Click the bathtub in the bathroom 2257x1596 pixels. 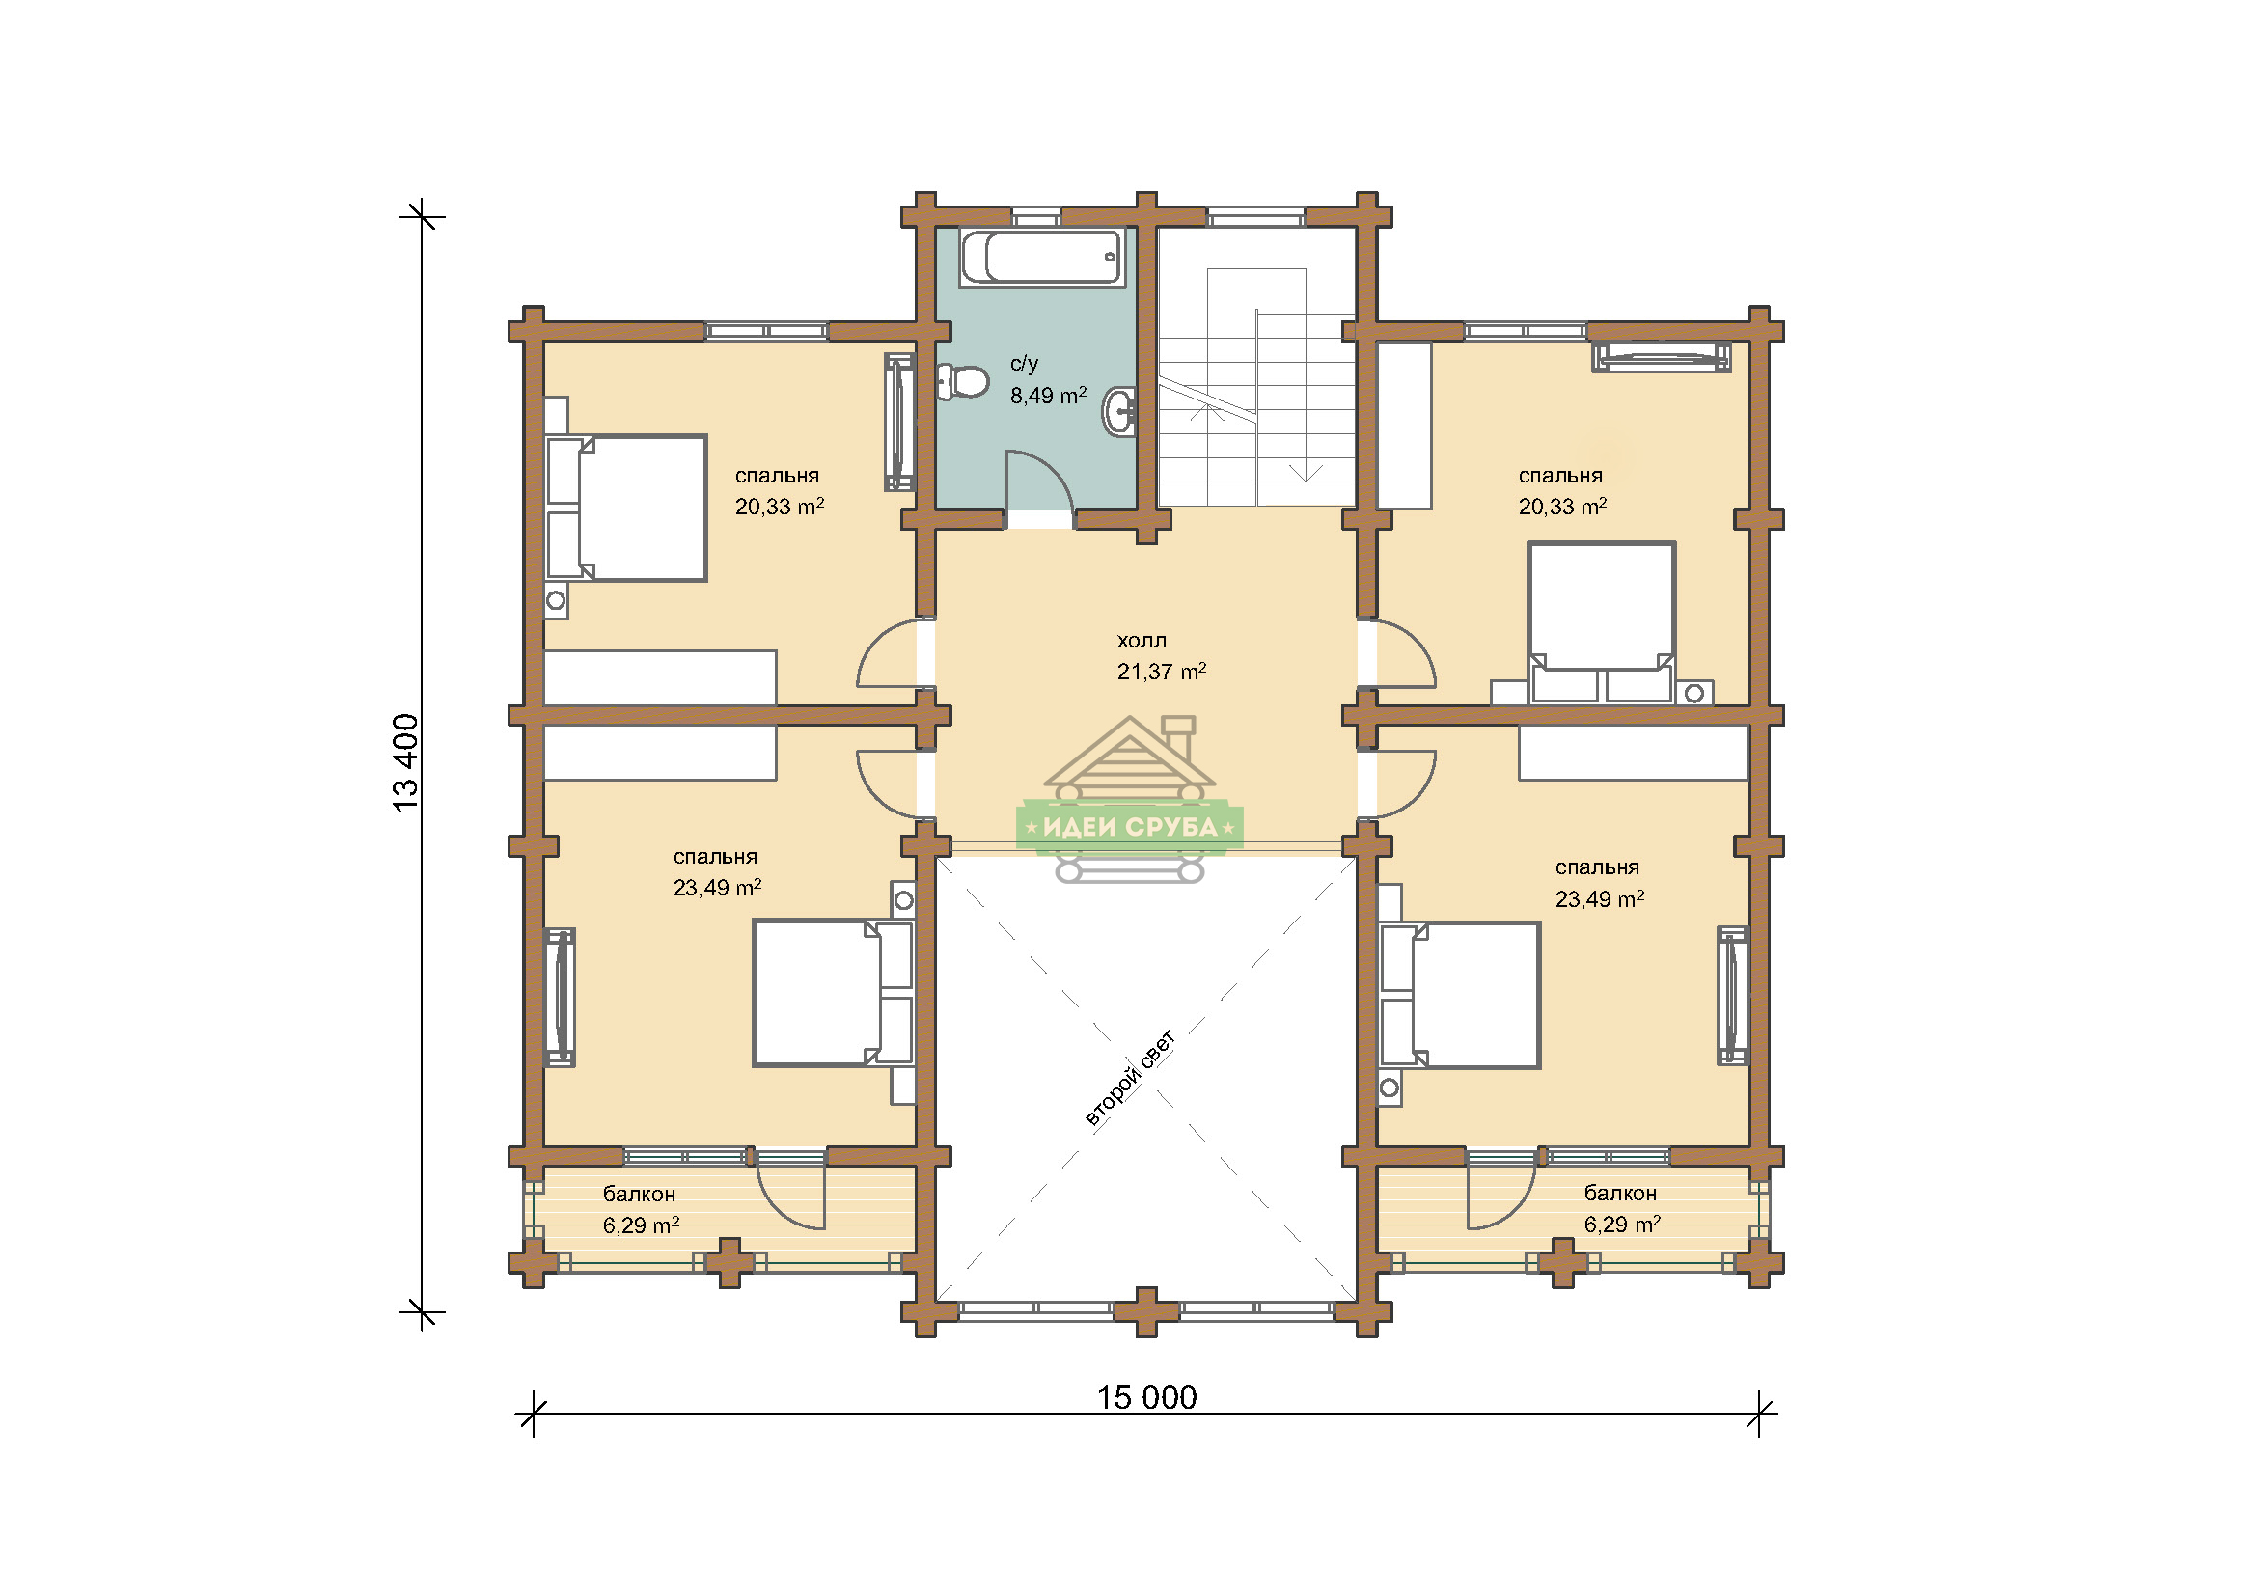point(1042,258)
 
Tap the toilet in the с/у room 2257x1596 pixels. point(962,381)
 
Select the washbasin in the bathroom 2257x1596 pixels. point(1119,411)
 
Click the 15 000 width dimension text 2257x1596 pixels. point(1146,1396)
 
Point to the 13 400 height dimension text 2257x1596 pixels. point(405,762)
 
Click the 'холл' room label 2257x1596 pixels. point(1142,641)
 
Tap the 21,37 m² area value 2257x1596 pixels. point(1161,672)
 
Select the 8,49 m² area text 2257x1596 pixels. point(1048,395)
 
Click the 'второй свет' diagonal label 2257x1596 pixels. point(1130,1078)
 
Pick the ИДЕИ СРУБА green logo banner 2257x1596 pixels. point(1130,827)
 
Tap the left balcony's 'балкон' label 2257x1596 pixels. point(639,1194)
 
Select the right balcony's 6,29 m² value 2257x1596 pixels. point(1622,1225)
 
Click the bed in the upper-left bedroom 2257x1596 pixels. point(626,509)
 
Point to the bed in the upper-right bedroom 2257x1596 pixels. point(1602,622)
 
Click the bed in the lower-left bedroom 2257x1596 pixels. point(834,994)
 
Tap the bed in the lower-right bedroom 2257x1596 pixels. point(1460,996)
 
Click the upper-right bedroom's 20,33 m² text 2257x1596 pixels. point(1562,507)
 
